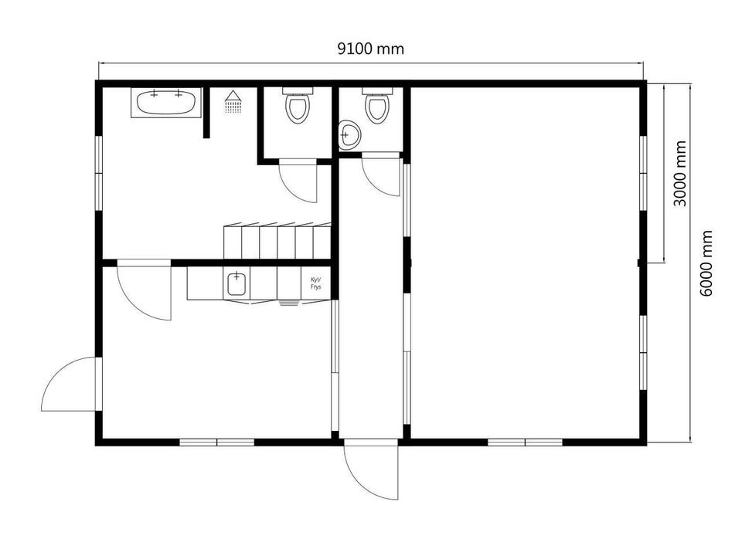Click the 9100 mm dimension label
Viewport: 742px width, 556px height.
[x=370, y=49]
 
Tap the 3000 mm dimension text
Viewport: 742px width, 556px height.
[x=679, y=174]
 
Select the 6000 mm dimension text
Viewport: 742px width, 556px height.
[x=706, y=263]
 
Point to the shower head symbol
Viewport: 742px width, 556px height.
[x=233, y=102]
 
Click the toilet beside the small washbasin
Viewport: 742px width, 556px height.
[x=376, y=105]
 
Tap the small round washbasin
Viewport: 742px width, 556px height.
[x=349, y=135]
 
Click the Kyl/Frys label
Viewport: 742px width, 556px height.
[x=315, y=283]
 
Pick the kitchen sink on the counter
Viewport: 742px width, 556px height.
[x=237, y=283]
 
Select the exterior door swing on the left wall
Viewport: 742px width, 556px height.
[x=71, y=384]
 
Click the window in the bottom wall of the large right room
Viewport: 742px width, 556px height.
[x=526, y=442]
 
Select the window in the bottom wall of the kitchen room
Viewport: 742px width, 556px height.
[x=217, y=442]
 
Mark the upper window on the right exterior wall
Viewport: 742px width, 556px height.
[x=643, y=174]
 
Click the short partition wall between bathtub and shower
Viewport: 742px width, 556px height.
[x=206, y=113]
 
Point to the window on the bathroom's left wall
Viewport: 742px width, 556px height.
[x=99, y=174]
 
